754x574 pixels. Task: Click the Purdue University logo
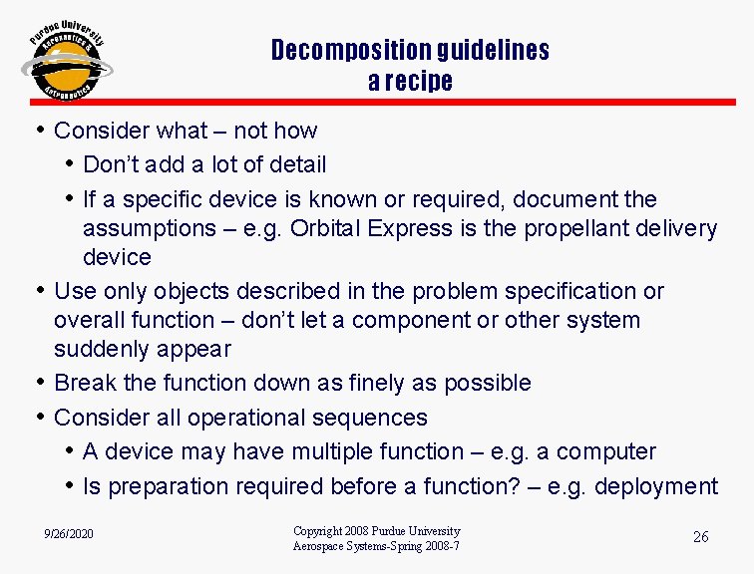(67, 62)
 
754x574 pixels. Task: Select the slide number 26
(701, 537)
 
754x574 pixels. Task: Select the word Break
(87, 383)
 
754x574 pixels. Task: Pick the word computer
(606, 451)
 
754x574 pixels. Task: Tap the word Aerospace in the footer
(320, 546)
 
